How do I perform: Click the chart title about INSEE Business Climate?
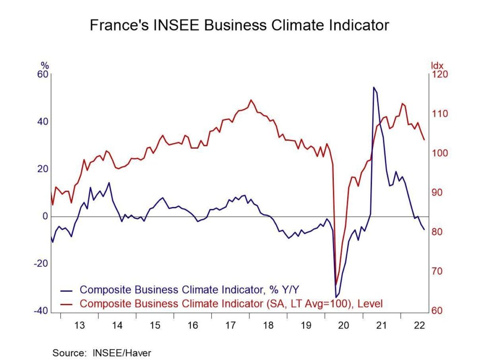[240, 25]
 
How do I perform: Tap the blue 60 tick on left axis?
[42, 75]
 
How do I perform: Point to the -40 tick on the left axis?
[41, 311]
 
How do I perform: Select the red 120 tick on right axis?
[440, 75]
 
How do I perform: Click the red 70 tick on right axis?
[437, 271]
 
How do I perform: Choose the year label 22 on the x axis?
[419, 324]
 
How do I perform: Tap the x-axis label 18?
[268, 324]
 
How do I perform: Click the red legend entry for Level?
[231, 304]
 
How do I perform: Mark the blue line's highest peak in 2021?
[374, 87]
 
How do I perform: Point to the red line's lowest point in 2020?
[336, 284]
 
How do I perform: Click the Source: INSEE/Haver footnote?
[102, 352]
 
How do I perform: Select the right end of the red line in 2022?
[424, 139]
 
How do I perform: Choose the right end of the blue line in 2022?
[424, 229]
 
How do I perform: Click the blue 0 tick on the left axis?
[45, 217]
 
